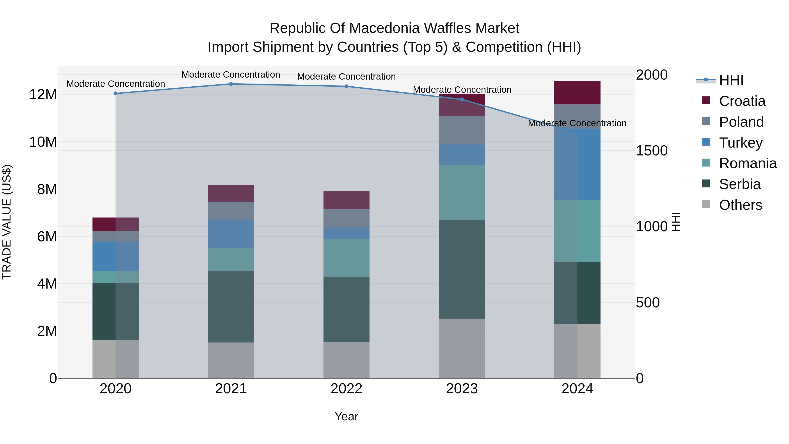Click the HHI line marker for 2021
(x=231, y=84)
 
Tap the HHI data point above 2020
(x=116, y=93)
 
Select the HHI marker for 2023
(x=462, y=99)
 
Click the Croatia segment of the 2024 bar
(x=577, y=93)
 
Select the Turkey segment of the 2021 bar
(x=231, y=234)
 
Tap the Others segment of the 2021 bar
(x=231, y=360)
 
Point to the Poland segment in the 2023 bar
(x=462, y=130)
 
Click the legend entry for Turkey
(x=741, y=143)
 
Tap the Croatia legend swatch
(x=706, y=100)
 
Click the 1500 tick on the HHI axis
(x=652, y=151)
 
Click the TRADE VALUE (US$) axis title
(x=7, y=222)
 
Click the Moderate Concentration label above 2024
(x=577, y=123)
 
